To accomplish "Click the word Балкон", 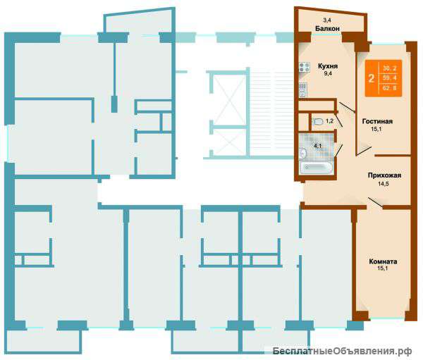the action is point(327,28).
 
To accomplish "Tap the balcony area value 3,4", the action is point(327,20).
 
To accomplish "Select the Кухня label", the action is point(328,66).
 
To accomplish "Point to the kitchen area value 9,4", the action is point(328,73).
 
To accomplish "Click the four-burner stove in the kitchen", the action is point(304,67).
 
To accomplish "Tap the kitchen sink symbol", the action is point(302,89).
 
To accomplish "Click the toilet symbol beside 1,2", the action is point(317,121).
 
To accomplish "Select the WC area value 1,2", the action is point(330,121).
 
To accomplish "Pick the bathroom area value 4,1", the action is point(317,146).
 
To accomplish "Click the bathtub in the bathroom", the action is point(316,167).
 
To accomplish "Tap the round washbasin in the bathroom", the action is point(302,153).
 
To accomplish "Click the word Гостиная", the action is point(377,121).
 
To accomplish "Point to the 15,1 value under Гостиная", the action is point(376,129).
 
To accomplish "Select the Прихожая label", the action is point(384,175).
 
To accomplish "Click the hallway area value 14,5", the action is point(383,184).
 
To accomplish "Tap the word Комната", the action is point(383,261).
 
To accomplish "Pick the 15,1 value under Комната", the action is point(383,268).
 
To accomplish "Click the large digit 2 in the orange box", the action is point(372,78).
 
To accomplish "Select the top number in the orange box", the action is point(390,69).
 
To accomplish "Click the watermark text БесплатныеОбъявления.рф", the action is point(342,352).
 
